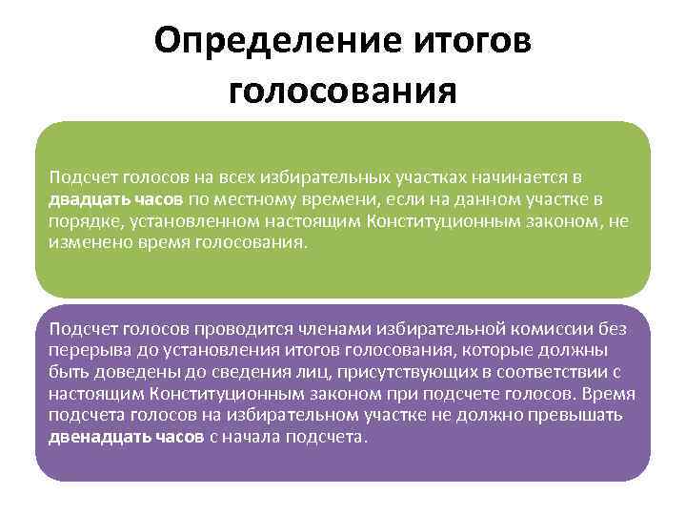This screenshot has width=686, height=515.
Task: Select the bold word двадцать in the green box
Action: (83, 199)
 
